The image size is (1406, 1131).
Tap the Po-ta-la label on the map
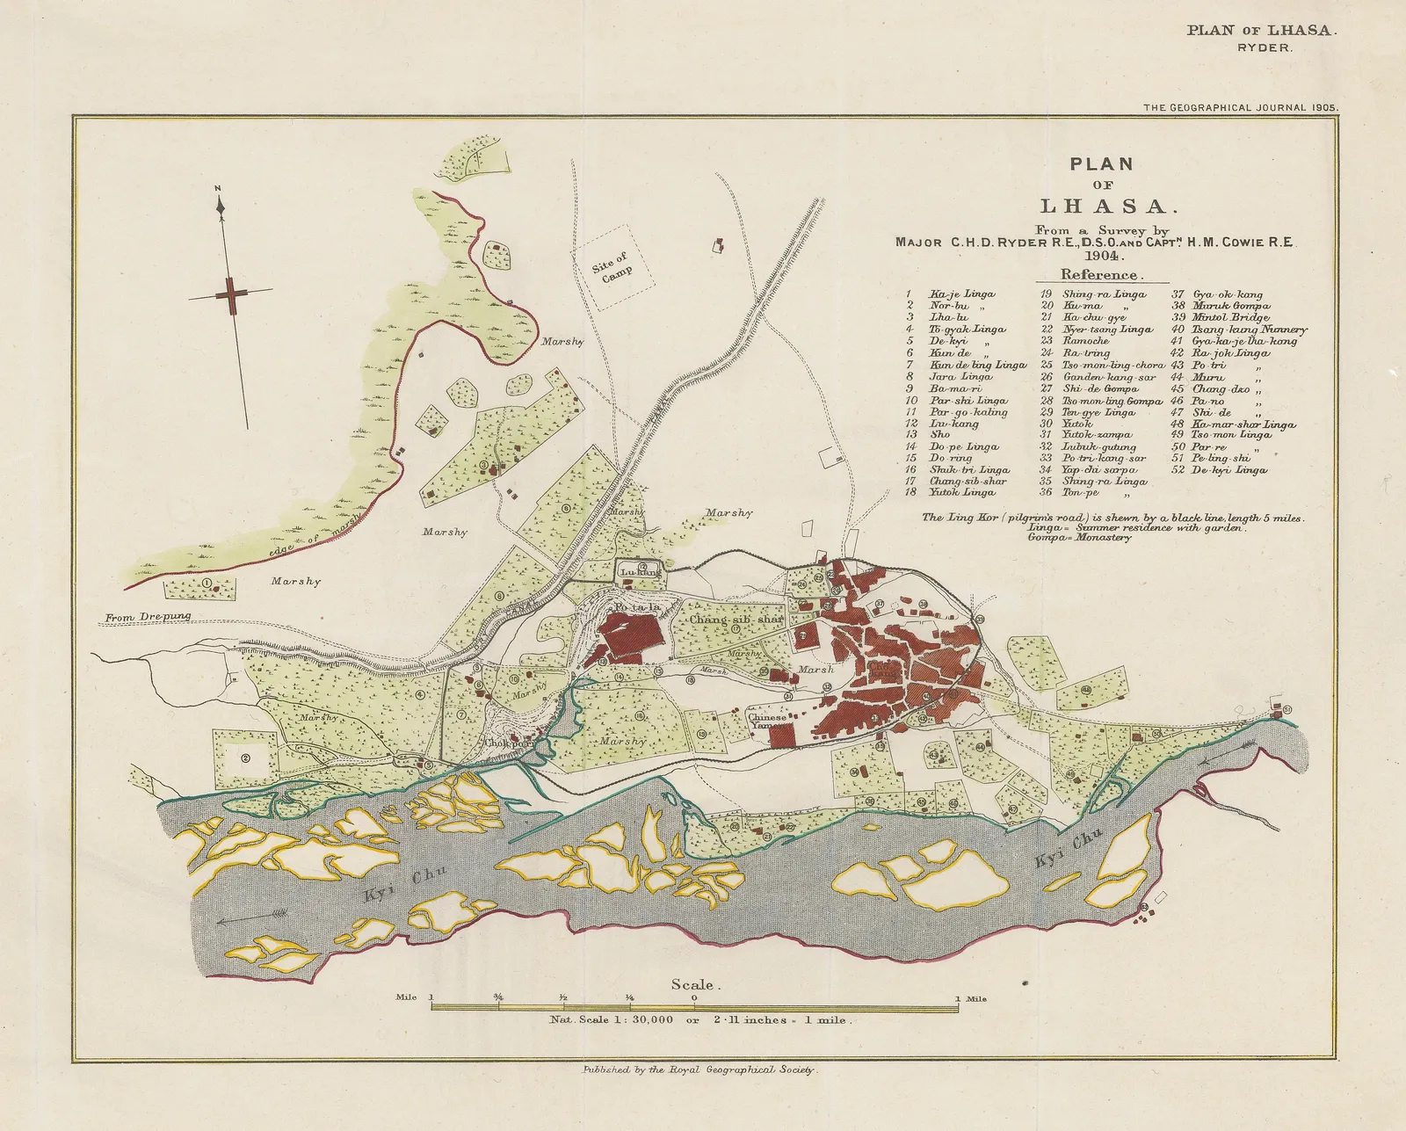(x=636, y=608)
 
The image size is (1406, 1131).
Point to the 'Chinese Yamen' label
(x=767, y=721)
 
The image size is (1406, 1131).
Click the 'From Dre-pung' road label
(x=148, y=617)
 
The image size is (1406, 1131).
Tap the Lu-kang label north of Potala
(x=640, y=573)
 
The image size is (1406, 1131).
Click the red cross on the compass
(x=231, y=294)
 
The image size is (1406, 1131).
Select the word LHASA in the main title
(x=1104, y=207)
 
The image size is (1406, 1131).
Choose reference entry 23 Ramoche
(x=1085, y=341)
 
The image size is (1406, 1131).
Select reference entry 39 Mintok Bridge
(x=1230, y=317)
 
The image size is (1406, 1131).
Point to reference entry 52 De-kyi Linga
(x=1228, y=470)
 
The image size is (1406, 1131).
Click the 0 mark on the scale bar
(x=694, y=997)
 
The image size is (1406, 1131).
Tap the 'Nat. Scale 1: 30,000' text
(x=612, y=1020)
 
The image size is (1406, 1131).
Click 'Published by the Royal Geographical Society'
(x=699, y=1070)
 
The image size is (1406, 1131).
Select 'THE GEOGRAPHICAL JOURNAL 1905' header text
(x=1240, y=108)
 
